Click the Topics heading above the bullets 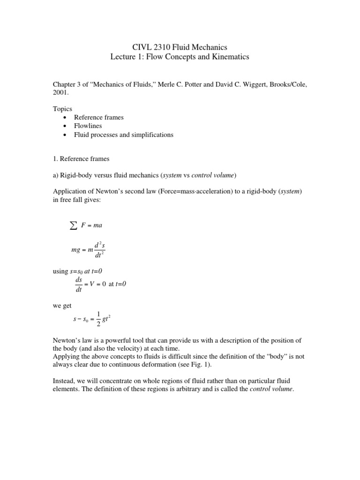(x=62, y=109)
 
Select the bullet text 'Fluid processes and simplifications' (x=123, y=135)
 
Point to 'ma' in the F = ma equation (x=98, y=225)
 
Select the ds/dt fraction (x=78, y=284)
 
